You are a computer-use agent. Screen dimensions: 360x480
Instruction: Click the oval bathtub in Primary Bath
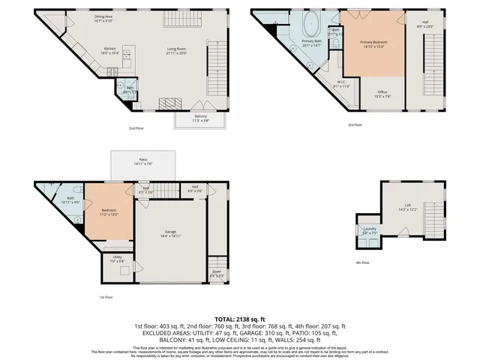(x=311, y=28)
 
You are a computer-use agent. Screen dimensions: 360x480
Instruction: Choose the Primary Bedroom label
(x=373, y=43)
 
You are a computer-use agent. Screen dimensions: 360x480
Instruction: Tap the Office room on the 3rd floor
(x=381, y=94)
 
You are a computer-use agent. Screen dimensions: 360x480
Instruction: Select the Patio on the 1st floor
(x=142, y=163)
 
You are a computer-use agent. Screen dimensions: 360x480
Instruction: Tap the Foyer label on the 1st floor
(x=216, y=274)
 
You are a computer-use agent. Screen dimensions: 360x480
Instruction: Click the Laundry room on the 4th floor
(x=369, y=232)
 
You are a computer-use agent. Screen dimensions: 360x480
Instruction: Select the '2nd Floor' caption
(x=136, y=128)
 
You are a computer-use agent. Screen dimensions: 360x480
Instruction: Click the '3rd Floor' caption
(x=355, y=124)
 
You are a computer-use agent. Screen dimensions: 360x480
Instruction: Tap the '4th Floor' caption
(x=364, y=262)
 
